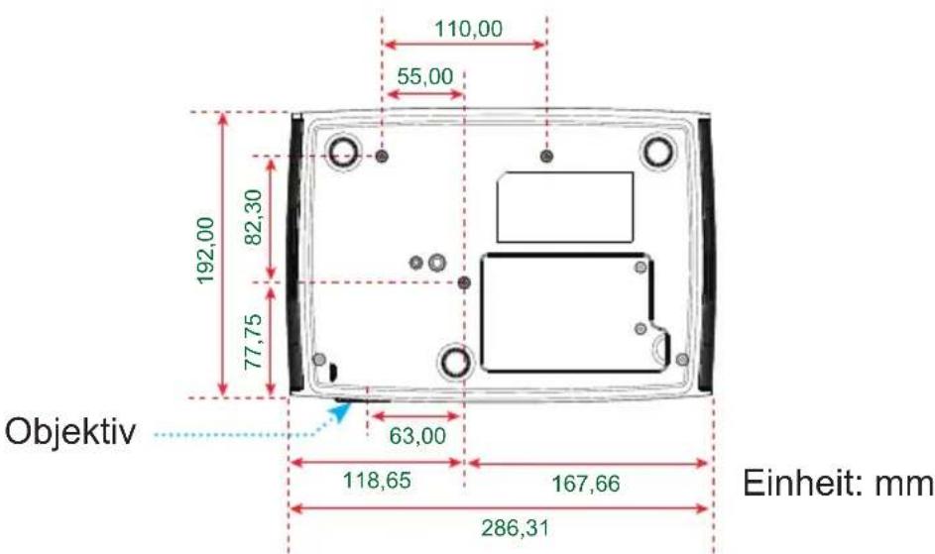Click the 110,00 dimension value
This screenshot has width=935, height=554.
click(x=468, y=29)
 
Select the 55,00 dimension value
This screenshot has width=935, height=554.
click(x=425, y=77)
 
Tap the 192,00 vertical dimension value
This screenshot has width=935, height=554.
click(x=205, y=251)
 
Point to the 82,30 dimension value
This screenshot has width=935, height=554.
click(x=254, y=217)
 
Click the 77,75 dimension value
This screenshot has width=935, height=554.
click(x=254, y=342)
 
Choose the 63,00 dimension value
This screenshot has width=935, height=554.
click(x=417, y=436)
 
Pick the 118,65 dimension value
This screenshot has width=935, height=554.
click(x=377, y=480)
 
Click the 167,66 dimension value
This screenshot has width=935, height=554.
click(x=586, y=484)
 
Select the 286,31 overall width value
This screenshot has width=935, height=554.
click(x=516, y=528)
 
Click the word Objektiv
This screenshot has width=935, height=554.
click(x=70, y=431)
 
